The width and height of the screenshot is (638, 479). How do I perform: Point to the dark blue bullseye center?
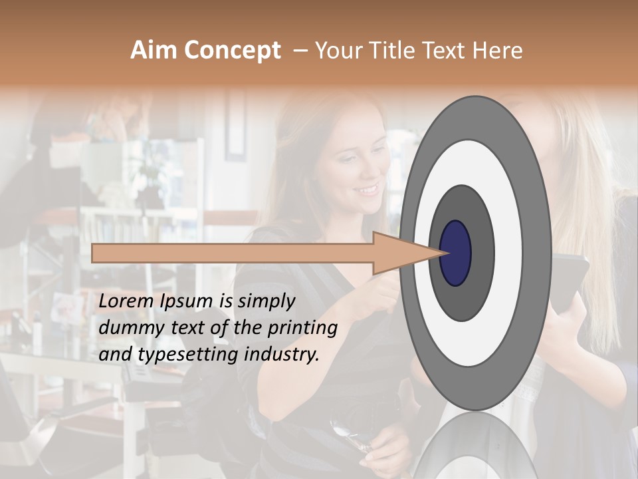456,253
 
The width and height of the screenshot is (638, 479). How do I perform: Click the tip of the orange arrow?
444,253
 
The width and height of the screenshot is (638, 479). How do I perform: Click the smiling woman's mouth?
365,191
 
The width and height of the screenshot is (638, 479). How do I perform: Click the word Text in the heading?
447,51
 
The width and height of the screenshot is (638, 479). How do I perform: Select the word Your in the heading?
337,51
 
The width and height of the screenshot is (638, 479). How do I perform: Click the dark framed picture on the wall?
235,126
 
